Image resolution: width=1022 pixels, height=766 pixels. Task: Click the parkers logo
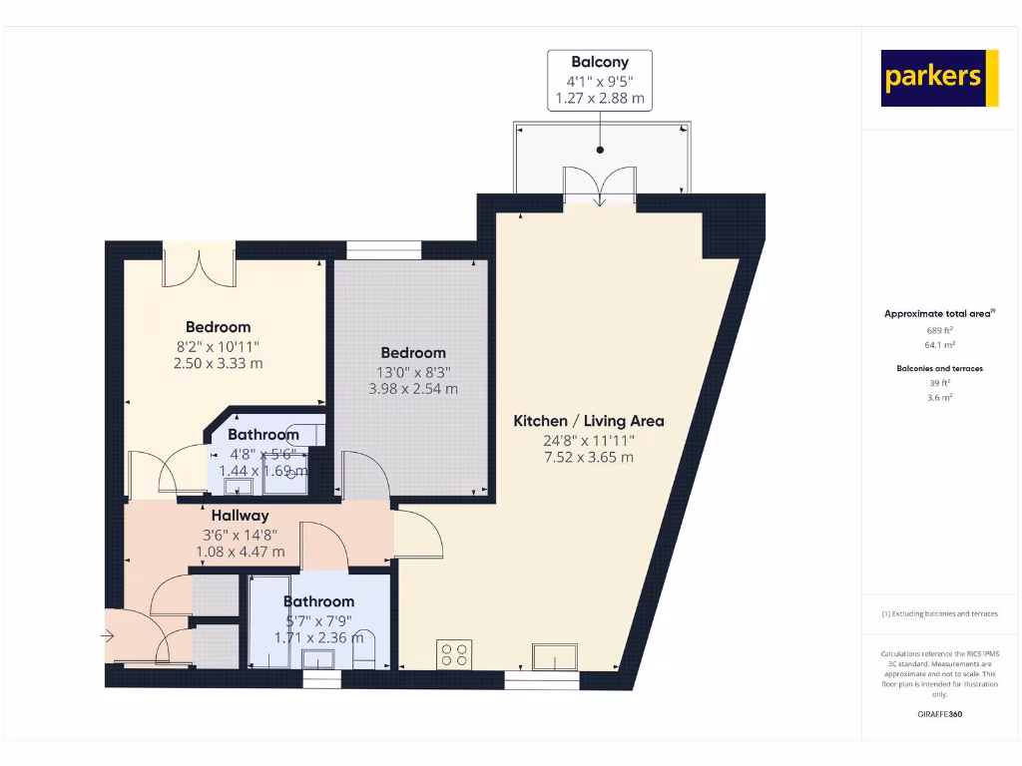pos(939,78)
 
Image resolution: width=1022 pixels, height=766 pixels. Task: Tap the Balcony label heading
pos(600,62)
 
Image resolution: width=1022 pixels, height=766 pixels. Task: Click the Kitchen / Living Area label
pos(588,421)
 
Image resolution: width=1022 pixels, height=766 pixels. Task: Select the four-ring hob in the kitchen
pos(453,654)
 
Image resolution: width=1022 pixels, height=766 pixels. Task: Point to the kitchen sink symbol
pos(554,657)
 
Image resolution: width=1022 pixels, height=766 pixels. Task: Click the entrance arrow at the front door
pos(108,634)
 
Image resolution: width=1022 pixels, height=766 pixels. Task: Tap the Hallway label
pos(240,516)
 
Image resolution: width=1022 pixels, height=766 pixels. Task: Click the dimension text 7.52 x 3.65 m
pos(588,458)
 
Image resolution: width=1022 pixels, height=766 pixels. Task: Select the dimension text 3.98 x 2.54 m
pos(413,389)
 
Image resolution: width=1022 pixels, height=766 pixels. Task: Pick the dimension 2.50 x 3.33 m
pos(218,363)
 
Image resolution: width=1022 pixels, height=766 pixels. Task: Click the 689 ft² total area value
pos(939,329)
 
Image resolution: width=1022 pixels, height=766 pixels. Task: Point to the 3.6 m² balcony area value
pos(939,397)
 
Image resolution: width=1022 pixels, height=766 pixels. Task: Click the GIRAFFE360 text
pos(939,714)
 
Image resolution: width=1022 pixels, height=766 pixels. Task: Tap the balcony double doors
pos(599,188)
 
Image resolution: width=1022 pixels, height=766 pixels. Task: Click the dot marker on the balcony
pos(601,150)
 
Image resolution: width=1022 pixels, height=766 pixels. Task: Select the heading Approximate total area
pos(938,313)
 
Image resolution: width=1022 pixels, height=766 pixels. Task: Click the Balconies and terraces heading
pos(939,368)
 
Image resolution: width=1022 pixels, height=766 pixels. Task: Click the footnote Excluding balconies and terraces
pos(939,613)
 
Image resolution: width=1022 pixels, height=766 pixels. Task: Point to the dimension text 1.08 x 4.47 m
pos(240,552)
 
